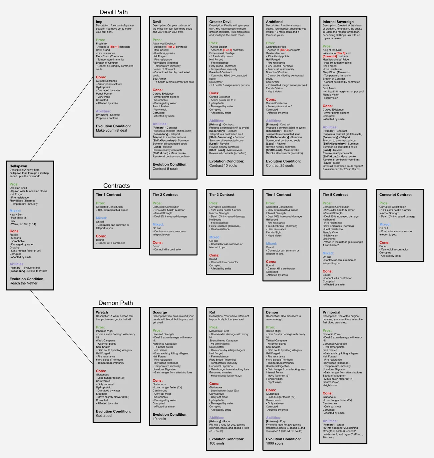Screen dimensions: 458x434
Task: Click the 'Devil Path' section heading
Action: [114, 12]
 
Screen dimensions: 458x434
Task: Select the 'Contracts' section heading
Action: [117, 186]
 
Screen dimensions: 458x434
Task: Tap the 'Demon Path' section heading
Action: [116, 303]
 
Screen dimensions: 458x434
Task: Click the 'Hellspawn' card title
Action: [18, 166]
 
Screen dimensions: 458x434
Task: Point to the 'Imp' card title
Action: [99, 22]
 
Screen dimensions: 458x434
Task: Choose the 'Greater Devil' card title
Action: [220, 22]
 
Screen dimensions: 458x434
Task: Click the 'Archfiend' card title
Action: [274, 22]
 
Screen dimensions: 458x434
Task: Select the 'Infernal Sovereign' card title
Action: [338, 22]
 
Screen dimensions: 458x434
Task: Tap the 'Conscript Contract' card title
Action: [395, 195]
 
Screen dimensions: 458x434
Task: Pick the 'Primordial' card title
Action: [331, 313]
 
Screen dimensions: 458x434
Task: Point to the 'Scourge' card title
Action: [160, 313]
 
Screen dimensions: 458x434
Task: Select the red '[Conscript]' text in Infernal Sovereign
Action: [330, 57]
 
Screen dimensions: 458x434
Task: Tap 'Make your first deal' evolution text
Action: [111, 131]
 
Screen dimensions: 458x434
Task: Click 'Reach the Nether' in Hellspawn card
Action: [23, 283]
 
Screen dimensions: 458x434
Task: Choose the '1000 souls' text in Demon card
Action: [274, 443]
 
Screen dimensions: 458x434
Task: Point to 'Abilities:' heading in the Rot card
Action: [217, 418]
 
